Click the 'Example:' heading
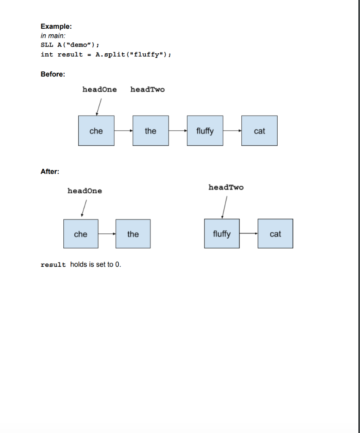53,26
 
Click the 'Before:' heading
53,74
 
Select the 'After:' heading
50,171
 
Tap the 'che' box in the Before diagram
96,131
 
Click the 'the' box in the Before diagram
150,131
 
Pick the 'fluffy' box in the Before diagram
205,131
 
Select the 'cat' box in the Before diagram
259,131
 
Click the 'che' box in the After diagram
81,234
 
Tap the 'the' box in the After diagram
133,234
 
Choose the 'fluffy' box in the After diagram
222,234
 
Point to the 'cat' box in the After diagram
275,234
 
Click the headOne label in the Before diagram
99,90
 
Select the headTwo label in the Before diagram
147,90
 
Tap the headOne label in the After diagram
85,191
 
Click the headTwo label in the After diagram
226,187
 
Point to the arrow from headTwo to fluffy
224,207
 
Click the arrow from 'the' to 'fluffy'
178,131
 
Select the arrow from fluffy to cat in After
248,234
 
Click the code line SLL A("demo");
70,45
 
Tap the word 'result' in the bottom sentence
53,265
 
